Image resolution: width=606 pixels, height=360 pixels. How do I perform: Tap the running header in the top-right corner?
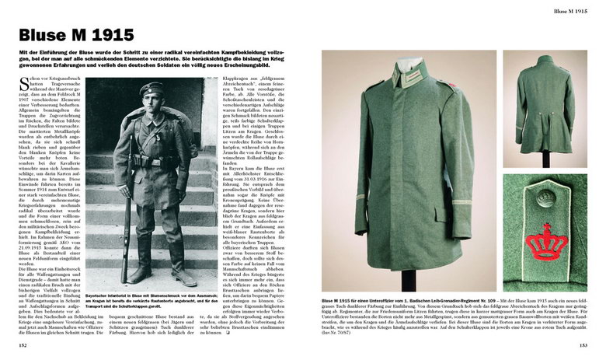tap(569, 10)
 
